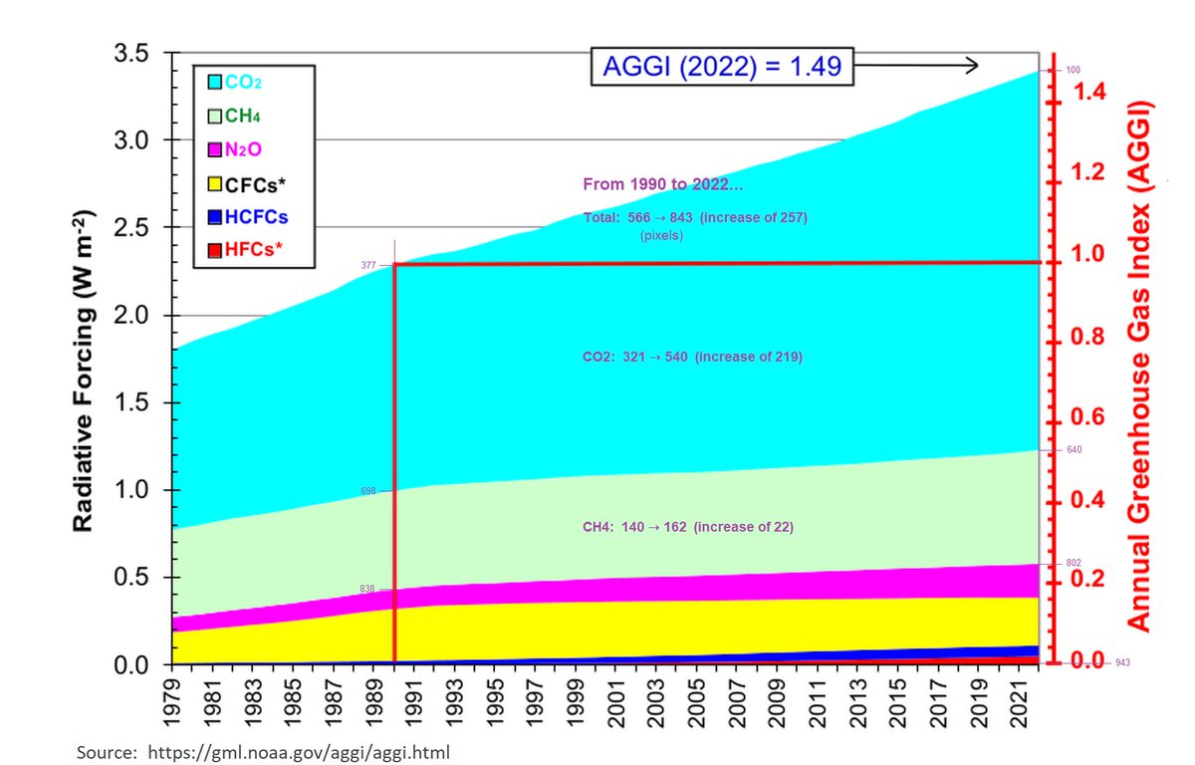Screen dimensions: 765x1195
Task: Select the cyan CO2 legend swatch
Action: click(x=213, y=82)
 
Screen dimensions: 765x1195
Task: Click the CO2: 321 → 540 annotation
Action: click(x=692, y=356)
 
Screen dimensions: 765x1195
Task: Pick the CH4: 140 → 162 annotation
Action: click(x=688, y=526)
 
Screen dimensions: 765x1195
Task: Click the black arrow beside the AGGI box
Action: click(x=916, y=66)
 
